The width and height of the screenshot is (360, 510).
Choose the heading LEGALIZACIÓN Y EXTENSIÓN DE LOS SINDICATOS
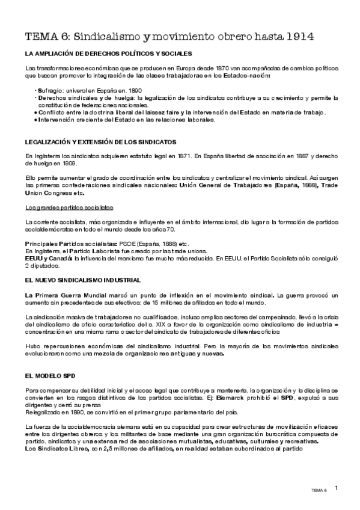coord(100,143)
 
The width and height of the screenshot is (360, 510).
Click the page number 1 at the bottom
coord(337,488)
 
